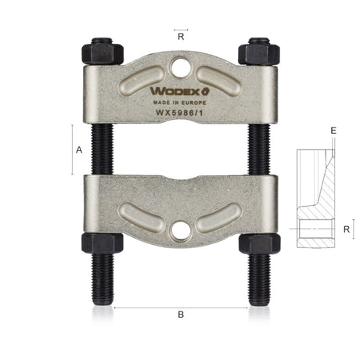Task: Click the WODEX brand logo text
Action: pos(180,91)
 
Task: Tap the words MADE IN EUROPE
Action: pos(179,103)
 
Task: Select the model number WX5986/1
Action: pos(179,113)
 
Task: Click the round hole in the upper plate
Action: pos(182,67)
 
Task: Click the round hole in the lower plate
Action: pos(180,231)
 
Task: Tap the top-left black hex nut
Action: pos(103,54)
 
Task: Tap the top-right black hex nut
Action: pos(259,54)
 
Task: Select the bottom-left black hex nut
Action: pos(103,243)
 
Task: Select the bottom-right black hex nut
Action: pos(260,243)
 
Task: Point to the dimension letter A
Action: pos(79,150)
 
